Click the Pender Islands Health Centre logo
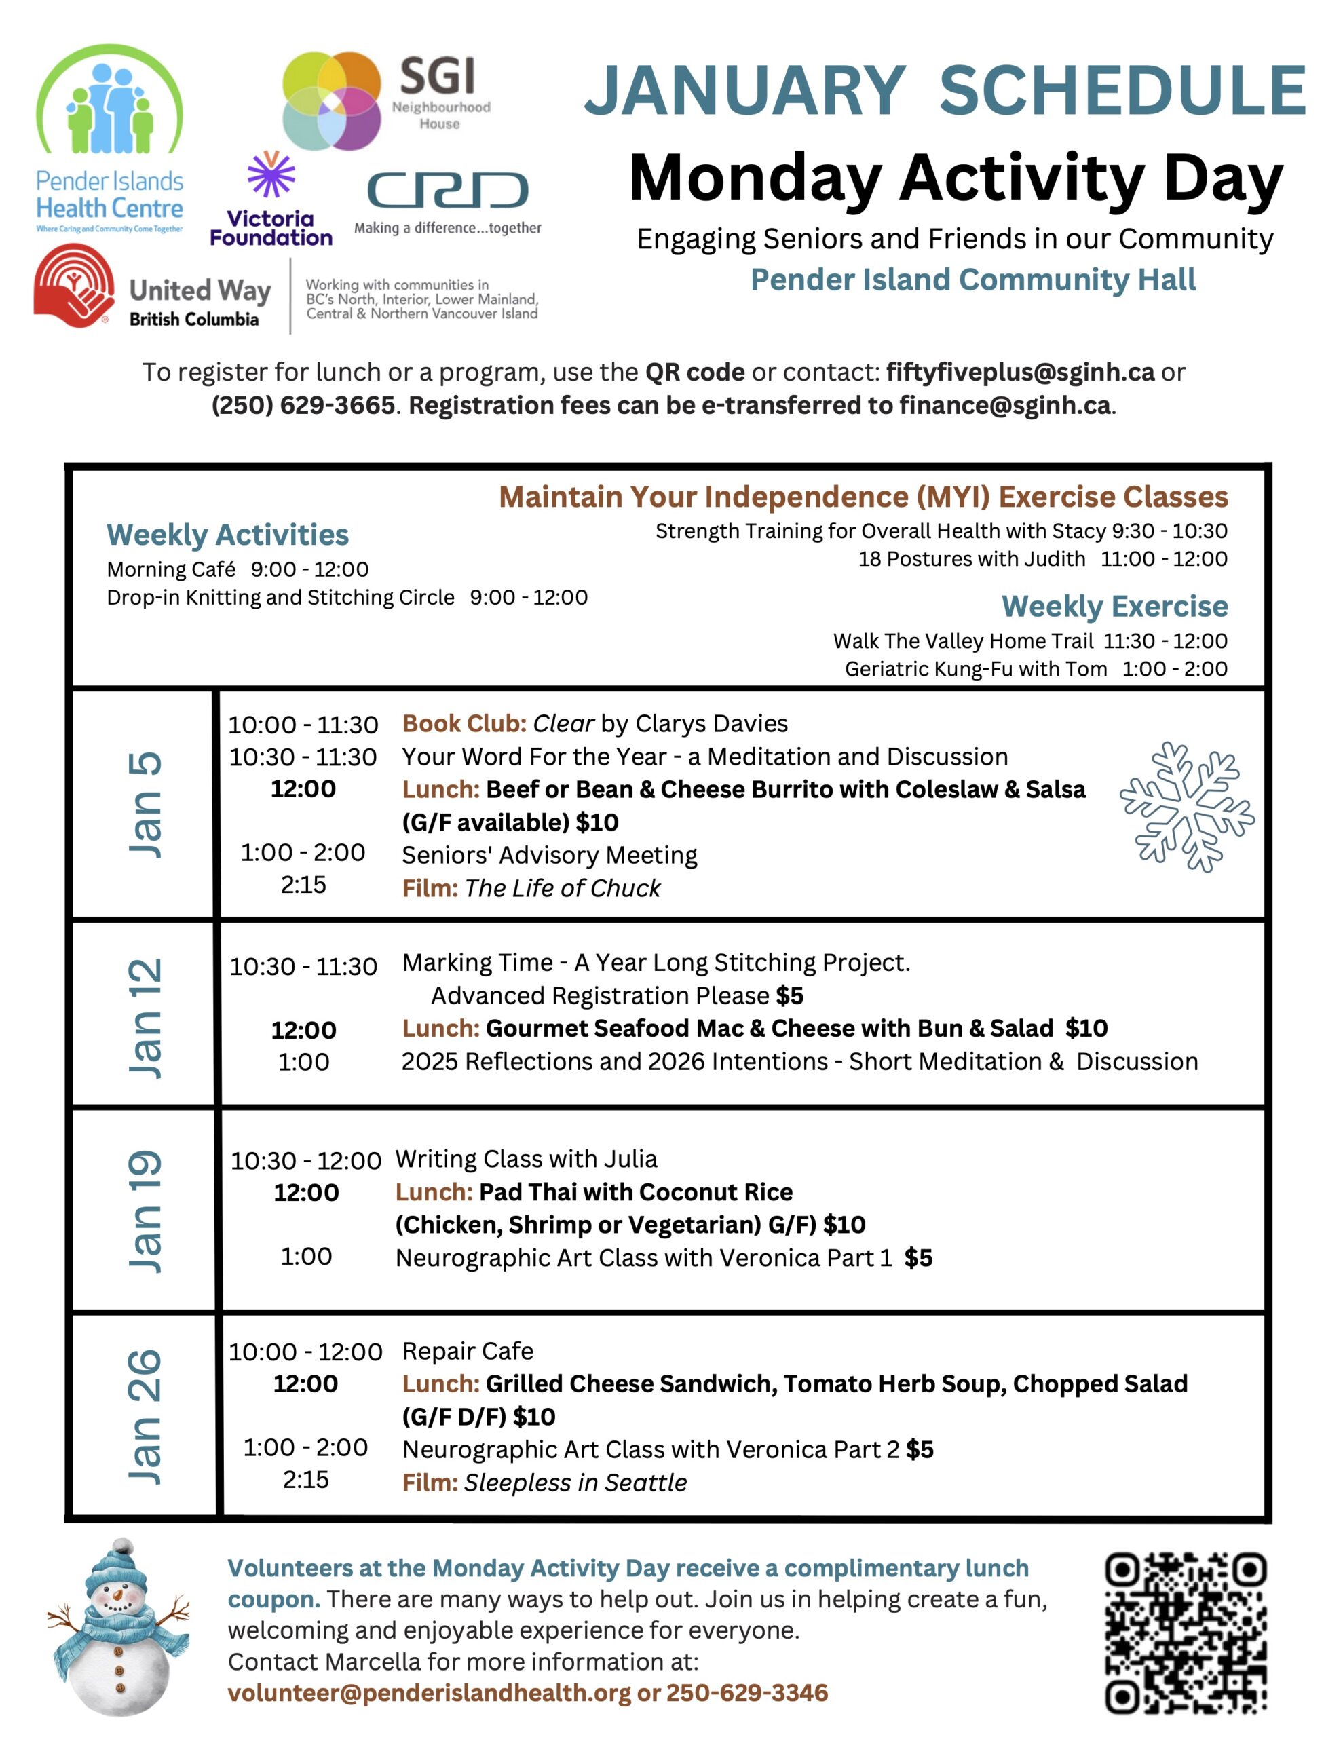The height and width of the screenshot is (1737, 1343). click(109, 139)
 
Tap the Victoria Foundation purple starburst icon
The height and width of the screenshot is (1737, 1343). click(271, 174)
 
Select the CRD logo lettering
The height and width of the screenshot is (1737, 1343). click(447, 190)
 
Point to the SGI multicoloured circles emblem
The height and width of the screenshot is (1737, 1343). click(332, 101)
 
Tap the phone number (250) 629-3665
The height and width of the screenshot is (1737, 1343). click(303, 405)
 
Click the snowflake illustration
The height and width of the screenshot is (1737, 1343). click(1186, 807)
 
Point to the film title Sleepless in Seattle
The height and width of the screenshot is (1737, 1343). click(575, 1483)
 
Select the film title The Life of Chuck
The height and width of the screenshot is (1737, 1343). click(562, 887)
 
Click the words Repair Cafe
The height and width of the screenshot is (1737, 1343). click(468, 1352)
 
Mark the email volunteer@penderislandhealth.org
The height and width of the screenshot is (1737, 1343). click(429, 1692)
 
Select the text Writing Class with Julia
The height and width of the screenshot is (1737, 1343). click(526, 1159)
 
